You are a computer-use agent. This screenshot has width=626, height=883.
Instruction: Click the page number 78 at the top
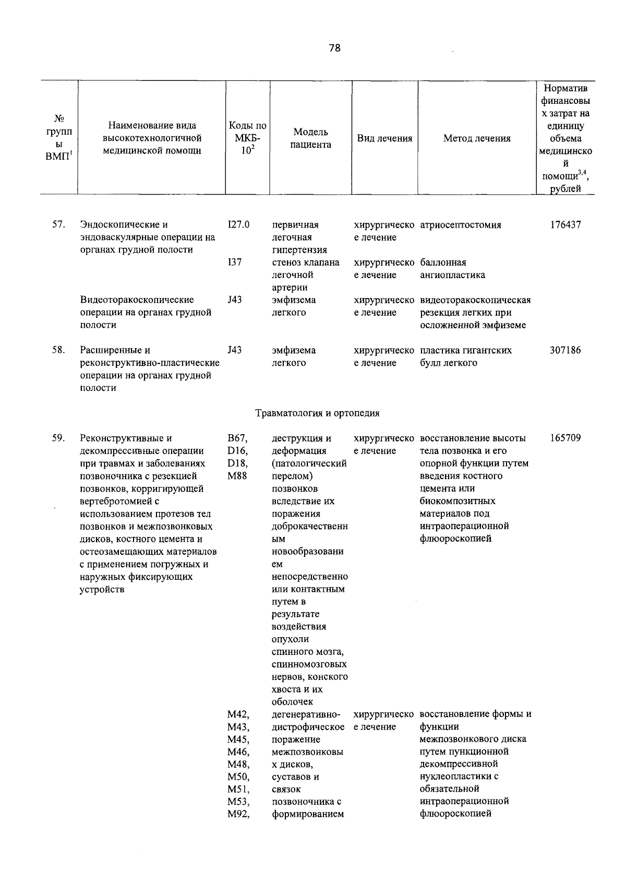[334, 48]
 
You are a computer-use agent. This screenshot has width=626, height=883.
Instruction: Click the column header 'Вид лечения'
[384, 138]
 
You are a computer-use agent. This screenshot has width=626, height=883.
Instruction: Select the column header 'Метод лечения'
[477, 138]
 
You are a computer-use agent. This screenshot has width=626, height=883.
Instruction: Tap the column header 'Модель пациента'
[311, 138]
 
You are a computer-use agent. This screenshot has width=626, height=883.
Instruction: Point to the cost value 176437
[565, 225]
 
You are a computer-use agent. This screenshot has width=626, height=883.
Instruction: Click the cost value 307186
[565, 350]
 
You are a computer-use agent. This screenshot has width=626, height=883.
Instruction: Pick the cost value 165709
[565, 438]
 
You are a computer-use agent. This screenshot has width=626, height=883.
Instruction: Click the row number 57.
[58, 225]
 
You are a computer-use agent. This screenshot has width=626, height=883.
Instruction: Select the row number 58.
[58, 350]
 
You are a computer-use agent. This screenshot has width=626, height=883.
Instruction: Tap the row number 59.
[58, 438]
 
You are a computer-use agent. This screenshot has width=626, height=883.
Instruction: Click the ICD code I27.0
[238, 225]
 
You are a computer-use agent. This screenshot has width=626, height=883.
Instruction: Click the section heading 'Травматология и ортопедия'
[317, 413]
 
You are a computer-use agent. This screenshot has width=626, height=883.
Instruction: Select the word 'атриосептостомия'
[461, 225]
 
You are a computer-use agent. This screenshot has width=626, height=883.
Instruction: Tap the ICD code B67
[237, 438]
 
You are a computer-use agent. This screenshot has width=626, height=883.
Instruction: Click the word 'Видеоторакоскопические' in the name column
[137, 300]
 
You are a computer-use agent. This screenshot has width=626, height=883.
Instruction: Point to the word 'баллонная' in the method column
[443, 262]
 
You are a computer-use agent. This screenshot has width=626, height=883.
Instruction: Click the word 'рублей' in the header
[565, 189]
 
